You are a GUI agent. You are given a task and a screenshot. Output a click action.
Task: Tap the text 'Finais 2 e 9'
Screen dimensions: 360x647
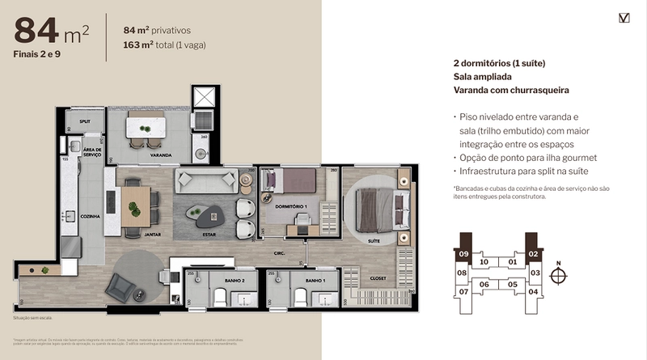tap(40, 54)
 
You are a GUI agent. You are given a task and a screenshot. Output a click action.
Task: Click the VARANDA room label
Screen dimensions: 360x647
tap(160, 154)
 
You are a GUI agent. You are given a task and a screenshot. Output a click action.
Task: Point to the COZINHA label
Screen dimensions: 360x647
tap(89, 217)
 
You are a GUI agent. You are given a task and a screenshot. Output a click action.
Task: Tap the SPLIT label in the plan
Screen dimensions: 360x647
tap(84, 121)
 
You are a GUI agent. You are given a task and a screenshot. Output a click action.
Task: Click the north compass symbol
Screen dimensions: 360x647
tap(556, 275)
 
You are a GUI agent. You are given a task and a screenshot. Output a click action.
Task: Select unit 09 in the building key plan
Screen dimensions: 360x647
tap(463, 254)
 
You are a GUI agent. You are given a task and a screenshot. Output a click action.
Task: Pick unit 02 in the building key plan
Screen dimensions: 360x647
tap(534, 254)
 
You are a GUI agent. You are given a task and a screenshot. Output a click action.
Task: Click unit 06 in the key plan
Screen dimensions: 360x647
tap(485, 284)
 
